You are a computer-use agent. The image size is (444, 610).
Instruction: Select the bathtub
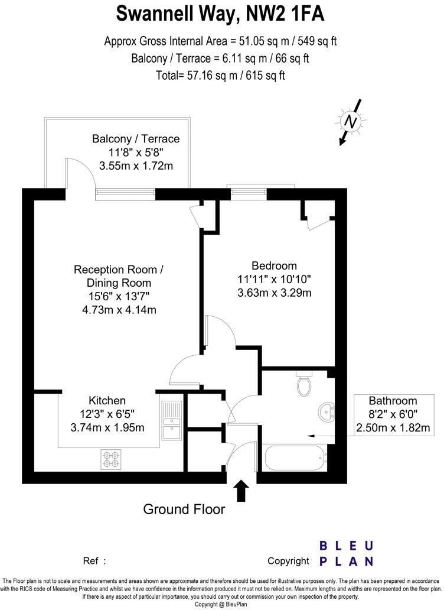(293, 457)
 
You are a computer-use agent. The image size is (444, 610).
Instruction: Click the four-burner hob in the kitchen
(112, 459)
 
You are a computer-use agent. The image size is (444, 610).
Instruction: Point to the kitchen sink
(171, 420)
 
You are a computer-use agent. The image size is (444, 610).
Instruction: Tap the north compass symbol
(351, 122)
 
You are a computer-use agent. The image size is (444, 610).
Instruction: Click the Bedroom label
(274, 265)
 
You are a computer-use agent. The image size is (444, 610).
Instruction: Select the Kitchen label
(107, 400)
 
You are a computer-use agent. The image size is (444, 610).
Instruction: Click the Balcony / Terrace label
(136, 139)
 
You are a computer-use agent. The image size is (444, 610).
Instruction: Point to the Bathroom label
(393, 400)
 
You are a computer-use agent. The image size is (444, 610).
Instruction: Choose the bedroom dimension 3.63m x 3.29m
(274, 293)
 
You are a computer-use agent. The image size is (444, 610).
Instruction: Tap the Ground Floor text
(184, 509)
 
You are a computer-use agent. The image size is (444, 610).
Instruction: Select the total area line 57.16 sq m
(221, 75)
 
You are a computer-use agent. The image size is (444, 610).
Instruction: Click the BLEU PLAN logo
(346, 553)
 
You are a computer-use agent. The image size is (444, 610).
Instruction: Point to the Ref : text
(94, 561)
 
